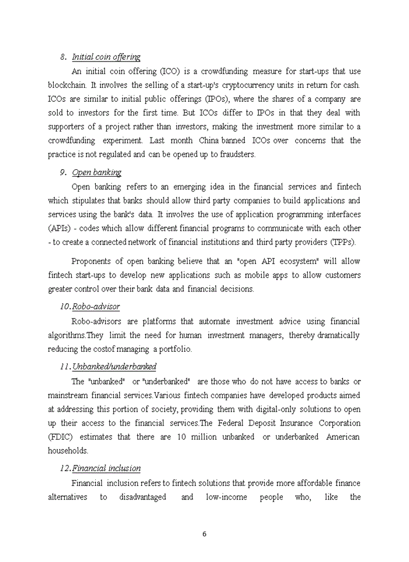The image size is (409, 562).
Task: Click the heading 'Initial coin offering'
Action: click(106, 57)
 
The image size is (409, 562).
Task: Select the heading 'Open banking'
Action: click(96, 173)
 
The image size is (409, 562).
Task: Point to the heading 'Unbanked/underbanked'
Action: click(114, 367)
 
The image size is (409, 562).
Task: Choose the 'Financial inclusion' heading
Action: click(106, 468)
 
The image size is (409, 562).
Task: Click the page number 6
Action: click(204, 534)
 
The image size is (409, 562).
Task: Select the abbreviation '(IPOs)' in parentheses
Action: click(217, 99)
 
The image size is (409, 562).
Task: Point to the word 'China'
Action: click(209, 140)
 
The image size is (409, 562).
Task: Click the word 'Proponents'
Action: click(92, 261)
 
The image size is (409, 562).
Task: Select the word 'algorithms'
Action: click(67, 335)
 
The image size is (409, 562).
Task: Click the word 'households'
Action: click(68, 451)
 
